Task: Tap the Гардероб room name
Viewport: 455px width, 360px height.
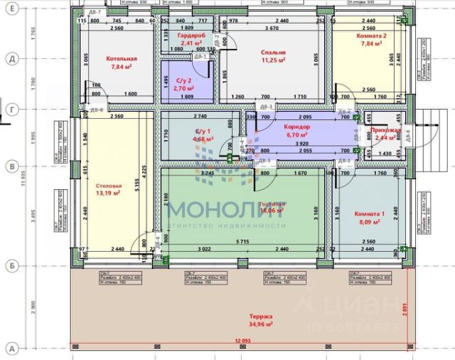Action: point(191,35)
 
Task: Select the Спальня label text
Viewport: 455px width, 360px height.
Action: point(273,53)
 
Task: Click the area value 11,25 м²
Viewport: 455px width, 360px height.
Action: point(273,60)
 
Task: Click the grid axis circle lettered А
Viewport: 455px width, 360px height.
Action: point(11,349)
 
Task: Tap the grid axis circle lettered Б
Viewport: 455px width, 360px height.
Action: point(11,265)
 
